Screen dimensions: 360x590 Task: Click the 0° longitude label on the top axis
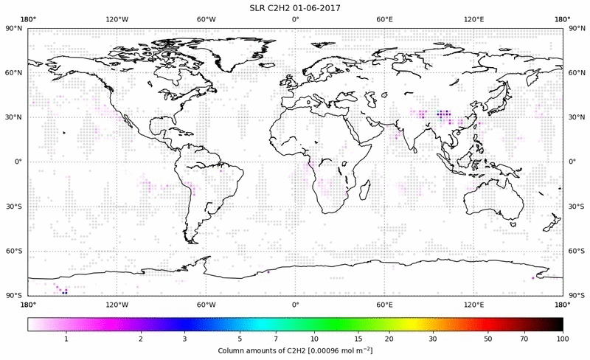point(295,18)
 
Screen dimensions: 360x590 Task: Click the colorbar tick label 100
point(563,338)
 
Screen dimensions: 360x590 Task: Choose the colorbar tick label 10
point(315,338)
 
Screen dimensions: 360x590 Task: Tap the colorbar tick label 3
point(185,338)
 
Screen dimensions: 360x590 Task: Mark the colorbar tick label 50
point(488,338)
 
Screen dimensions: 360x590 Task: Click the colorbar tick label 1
point(66,338)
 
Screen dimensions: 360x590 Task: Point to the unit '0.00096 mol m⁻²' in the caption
point(336,349)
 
